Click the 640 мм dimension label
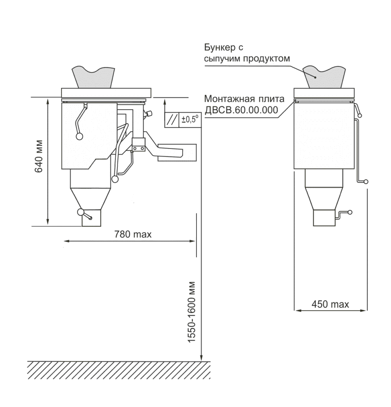point(39,157)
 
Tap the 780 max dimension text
point(133,235)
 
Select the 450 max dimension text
point(330,304)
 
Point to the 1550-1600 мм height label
point(191,312)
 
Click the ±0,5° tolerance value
point(190,119)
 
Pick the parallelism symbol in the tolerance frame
point(172,120)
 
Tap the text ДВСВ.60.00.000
point(241,110)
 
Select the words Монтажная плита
point(244,99)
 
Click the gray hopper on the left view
point(93,77)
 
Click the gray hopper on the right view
point(324,77)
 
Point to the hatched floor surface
point(119,370)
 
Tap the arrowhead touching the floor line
point(201,358)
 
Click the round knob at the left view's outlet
point(80,212)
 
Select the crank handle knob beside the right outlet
point(350,212)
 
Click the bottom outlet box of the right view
point(324,217)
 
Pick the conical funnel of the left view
point(91,199)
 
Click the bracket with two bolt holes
point(138,145)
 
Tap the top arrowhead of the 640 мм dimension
point(48,101)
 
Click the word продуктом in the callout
point(266,59)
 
